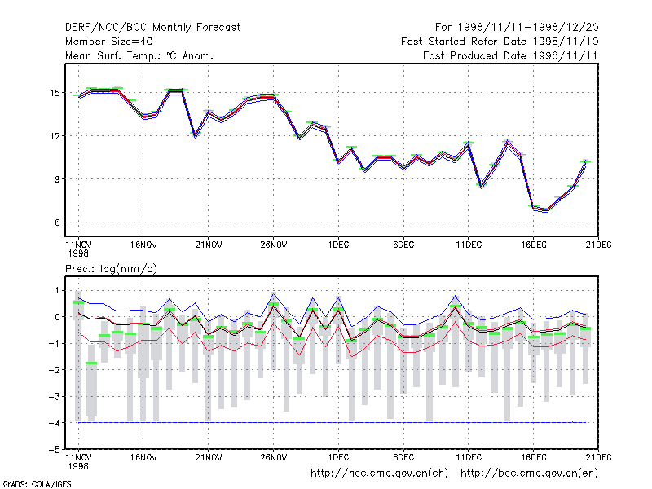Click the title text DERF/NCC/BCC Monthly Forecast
click(x=152, y=28)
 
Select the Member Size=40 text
click(x=109, y=42)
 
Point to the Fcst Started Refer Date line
click(x=500, y=42)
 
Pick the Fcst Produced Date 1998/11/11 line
click(x=510, y=55)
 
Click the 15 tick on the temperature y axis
click(x=55, y=93)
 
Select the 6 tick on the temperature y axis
click(x=57, y=222)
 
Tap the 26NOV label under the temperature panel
click(x=274, y=244)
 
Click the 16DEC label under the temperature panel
click(x=534, y=244)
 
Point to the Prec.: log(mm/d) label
click(x=111, y=269)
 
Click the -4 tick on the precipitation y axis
click(x=55, y=423)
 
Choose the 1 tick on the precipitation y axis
click(x=57, y=290)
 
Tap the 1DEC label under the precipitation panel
click(x=338, y=457)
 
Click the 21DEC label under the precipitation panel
click(x=598, y=457)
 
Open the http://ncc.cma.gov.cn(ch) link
click(x=379, y=474)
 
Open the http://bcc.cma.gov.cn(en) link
click(x=529, y=474)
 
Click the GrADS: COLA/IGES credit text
click(x=37, y=484)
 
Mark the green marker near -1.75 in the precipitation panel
click(x=91, y=363)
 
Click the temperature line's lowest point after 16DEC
click(x=546, y=210)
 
